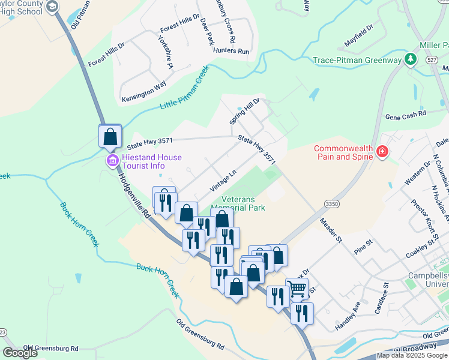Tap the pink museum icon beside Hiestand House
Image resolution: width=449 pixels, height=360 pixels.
coord(112,160)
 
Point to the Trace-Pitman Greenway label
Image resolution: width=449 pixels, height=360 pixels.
coord(357,60)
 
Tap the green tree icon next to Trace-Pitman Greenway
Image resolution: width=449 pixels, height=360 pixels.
coord(411,59)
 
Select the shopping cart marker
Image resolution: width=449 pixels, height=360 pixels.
coord(297,289)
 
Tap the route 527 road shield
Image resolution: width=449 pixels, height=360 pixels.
coord(430,60)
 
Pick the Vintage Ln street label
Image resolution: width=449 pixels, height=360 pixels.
coord(223,181)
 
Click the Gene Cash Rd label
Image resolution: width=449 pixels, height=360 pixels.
coord(405,113)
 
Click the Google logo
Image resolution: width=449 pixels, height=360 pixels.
coord(20,353)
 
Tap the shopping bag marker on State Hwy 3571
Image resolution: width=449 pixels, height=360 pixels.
coord(110,136)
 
